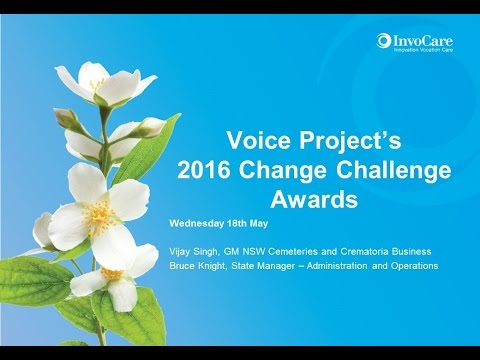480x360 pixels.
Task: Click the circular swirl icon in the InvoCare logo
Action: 383,41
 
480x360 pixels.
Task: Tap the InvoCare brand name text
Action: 418,39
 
